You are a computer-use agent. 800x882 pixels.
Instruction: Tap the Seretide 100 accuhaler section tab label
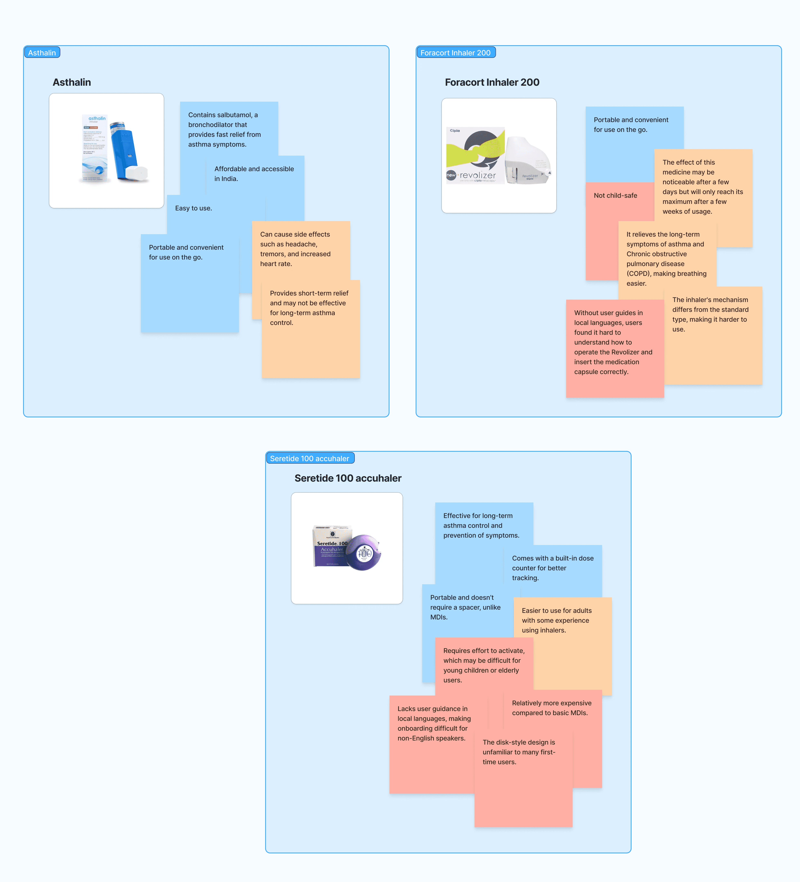310,458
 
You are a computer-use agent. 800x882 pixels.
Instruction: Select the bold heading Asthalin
72,82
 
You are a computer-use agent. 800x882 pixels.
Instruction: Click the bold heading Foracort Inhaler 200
492,82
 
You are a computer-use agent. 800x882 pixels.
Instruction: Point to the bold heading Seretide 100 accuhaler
348,478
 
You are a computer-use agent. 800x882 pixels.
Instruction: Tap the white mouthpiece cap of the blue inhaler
137,173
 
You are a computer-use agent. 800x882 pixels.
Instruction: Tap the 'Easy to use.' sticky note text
193,208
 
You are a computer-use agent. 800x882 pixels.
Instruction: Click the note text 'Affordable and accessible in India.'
254,174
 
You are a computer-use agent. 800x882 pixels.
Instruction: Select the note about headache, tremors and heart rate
295,249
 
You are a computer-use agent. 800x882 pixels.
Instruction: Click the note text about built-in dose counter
552,568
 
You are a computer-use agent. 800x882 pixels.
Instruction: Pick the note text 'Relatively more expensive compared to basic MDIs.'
552,708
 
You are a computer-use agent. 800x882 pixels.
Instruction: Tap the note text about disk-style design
519,752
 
